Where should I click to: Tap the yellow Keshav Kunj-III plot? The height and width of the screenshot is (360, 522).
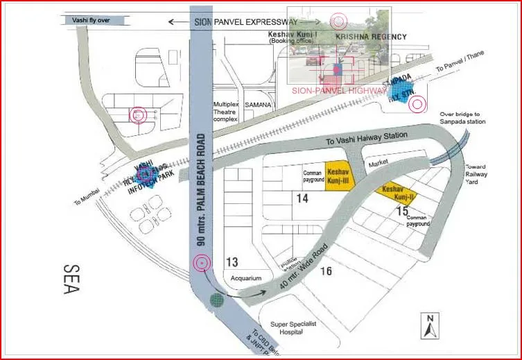(340, 174)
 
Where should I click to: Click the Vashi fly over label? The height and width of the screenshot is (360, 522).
(91, 21)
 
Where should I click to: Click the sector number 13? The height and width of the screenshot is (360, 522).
(232, 262)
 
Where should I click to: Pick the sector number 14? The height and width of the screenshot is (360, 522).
(302, 198)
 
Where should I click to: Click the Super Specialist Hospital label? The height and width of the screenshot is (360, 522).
(297, 328)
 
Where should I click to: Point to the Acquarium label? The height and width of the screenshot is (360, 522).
(246, 278)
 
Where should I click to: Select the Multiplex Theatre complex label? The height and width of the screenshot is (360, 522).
(225, 111)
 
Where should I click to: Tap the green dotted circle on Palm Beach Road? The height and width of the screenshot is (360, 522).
(217, 300)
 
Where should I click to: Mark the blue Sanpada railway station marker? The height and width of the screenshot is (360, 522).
(399, 91)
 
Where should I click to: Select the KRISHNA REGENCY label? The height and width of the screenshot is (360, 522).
(371, 36)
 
